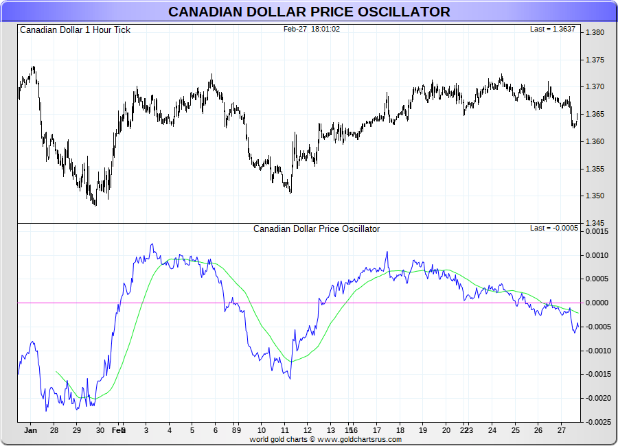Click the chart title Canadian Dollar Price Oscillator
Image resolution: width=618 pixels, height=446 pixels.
309,12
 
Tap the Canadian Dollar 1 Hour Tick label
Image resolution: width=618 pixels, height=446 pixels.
75,30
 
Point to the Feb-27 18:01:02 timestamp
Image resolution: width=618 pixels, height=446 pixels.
312,30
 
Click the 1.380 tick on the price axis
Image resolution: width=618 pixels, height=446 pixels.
595,32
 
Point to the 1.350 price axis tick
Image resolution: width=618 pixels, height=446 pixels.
595,196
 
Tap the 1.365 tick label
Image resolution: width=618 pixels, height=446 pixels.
595,114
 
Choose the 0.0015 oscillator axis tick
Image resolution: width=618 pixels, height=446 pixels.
596,232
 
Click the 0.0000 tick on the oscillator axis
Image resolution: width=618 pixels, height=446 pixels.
596,303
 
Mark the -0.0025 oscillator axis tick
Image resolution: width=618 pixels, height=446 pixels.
595,421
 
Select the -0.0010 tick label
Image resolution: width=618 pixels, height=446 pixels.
595,351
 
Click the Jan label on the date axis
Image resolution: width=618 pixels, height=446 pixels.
30,431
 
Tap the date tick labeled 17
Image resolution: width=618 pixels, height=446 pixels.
377,431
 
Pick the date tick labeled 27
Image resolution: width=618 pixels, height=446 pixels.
561,431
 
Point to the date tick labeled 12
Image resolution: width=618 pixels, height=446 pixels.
308,431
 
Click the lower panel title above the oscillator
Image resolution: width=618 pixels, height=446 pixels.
317,229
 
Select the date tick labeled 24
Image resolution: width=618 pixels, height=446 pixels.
492,431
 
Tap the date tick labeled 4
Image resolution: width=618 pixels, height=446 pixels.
169,431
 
